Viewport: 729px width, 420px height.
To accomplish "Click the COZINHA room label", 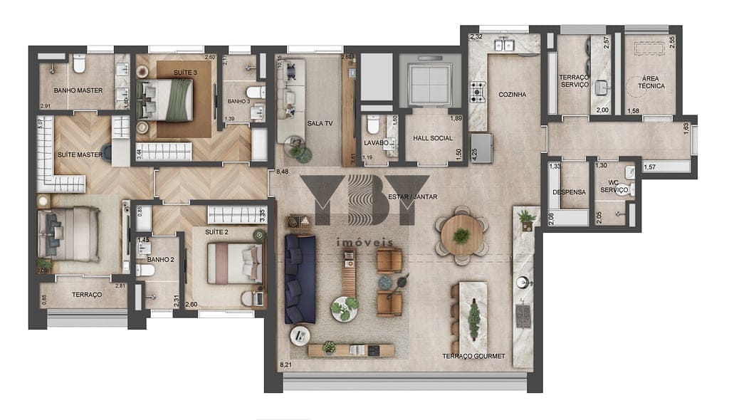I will (x=513, y=94).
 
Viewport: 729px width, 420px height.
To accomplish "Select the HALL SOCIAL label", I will (x=432, y=138).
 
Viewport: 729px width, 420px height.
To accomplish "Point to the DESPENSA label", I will (x=570, y=192).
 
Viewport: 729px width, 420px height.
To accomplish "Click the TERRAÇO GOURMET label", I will (x=473, y=356).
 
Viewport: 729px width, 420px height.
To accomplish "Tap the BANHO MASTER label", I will (x=78, y=90).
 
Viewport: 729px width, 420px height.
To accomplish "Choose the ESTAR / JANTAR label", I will (x=412, y=196).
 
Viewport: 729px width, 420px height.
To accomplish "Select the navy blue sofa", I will (x=300, y=278).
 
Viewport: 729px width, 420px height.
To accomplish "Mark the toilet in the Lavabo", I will (x=372, y=127).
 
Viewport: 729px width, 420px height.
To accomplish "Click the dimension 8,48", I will (x=283, y=171).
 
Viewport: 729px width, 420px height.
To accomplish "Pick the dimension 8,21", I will (x=286, y=365).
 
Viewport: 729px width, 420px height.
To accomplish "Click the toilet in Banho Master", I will (x=79, y=65).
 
